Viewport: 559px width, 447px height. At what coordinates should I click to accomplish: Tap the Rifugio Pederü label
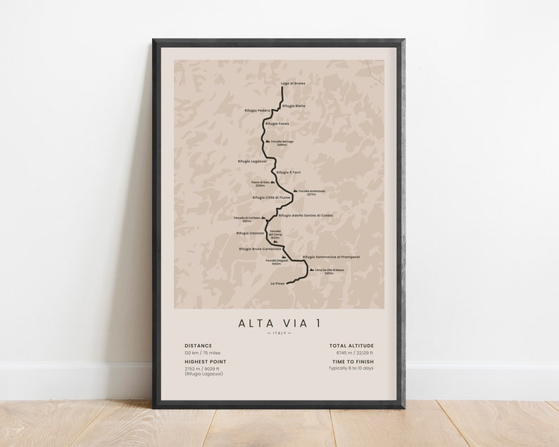[x=258, y=111]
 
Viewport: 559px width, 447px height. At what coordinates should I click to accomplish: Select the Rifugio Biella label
[x=294, y=106]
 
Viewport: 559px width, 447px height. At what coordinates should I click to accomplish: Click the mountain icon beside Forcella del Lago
[x=266, y=141]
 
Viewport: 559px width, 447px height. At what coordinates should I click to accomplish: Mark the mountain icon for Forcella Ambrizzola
[x=294, y=190]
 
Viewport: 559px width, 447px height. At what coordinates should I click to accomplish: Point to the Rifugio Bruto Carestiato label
[x=260, y=249]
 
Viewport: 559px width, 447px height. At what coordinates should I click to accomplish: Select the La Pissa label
[x=279, y=284]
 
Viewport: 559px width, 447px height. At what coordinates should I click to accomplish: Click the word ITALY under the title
[x=279, y=333]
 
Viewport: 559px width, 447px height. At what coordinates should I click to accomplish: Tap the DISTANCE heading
[x=198, y=346]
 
